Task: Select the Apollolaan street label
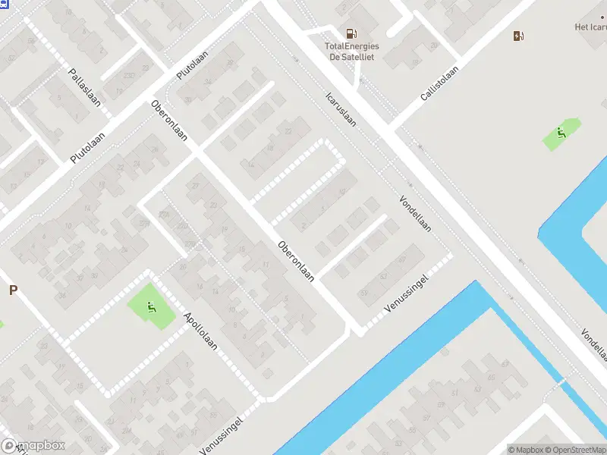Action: [x=200, y=331]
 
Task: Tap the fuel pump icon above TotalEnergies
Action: [x=351, y=33]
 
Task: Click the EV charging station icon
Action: [x=518, y=36]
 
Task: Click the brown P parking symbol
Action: [x=13, y=290]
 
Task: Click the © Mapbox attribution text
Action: [x=525, y=450]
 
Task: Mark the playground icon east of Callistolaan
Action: [x=561, y=135]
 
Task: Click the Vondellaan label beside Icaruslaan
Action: [x=415, y=214]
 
